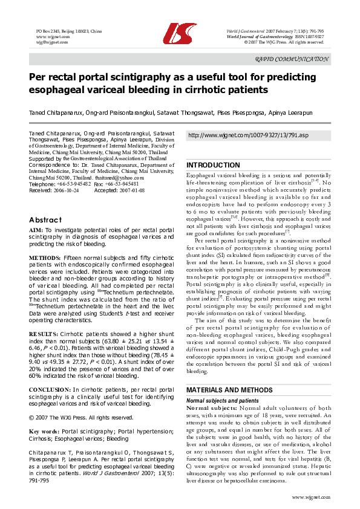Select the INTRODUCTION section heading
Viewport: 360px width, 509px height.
213,165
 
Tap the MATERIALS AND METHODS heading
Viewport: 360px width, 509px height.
229,391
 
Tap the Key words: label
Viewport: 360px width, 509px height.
45,432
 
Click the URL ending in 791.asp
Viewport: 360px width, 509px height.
248,135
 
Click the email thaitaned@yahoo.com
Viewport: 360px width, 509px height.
110,178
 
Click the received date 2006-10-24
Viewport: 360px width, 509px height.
67,190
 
